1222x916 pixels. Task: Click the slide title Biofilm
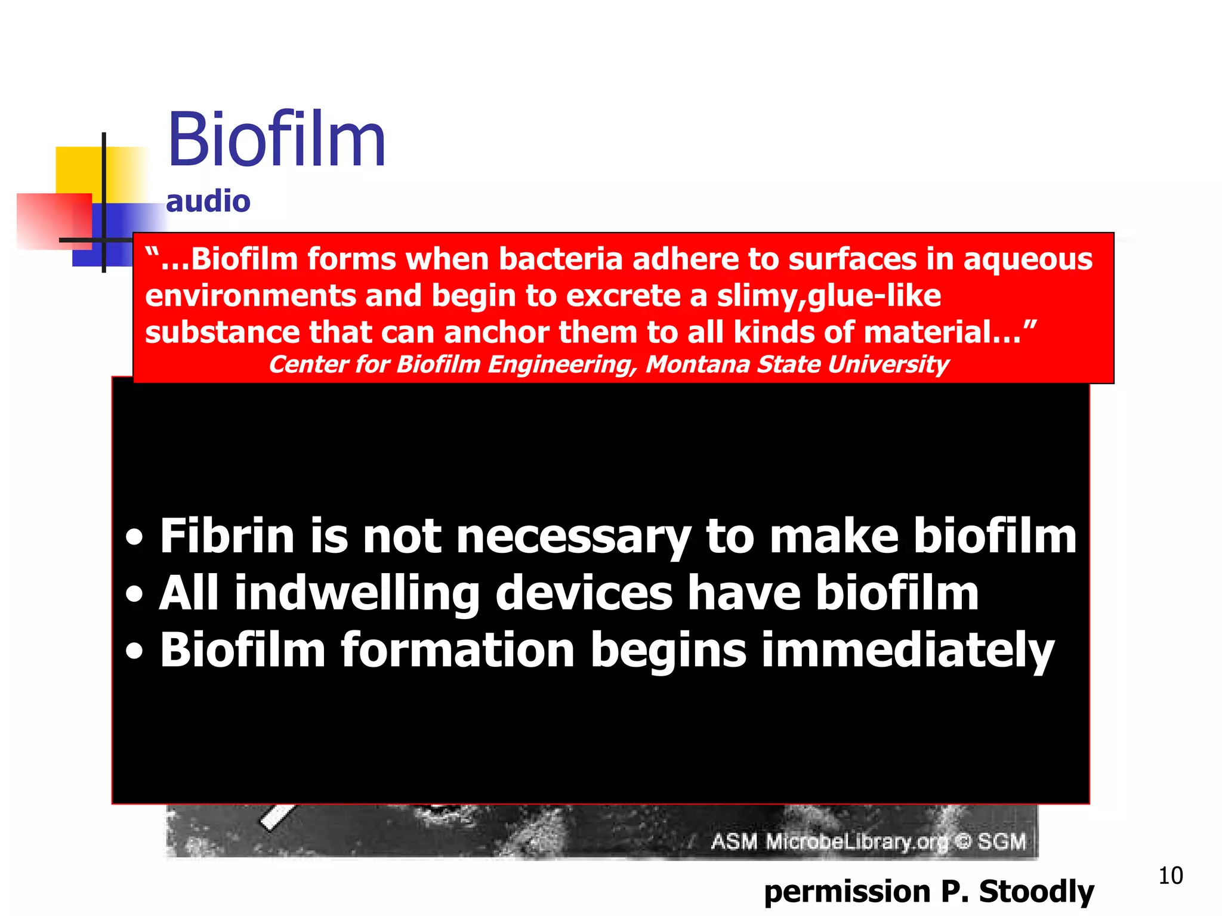pyautogui.click(x=276, y=140)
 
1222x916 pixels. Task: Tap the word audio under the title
pyautogui.click(x=208, y=202)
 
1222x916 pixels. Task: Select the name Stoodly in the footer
pyautogui.click(x=1036, y=892)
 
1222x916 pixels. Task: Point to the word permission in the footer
pyautogui.click(x=847, y=892)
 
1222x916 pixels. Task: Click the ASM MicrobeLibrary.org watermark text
pyautogui.click(x=868, y=841)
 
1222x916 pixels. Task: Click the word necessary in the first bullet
pyautogui.click(x=573, y=537)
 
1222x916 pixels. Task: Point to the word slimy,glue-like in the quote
pyautogui.click(x=829, y=296)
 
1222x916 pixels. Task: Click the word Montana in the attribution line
pyautogui.click(x=697, y=364)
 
